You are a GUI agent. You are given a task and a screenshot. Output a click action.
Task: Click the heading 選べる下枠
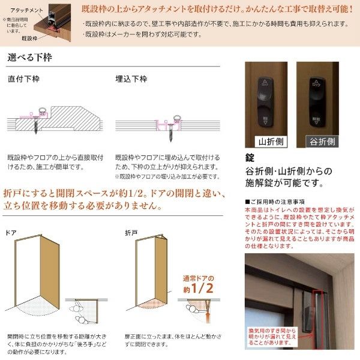pos(29,58)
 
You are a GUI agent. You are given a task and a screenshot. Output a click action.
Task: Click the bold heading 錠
pos(251,158)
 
